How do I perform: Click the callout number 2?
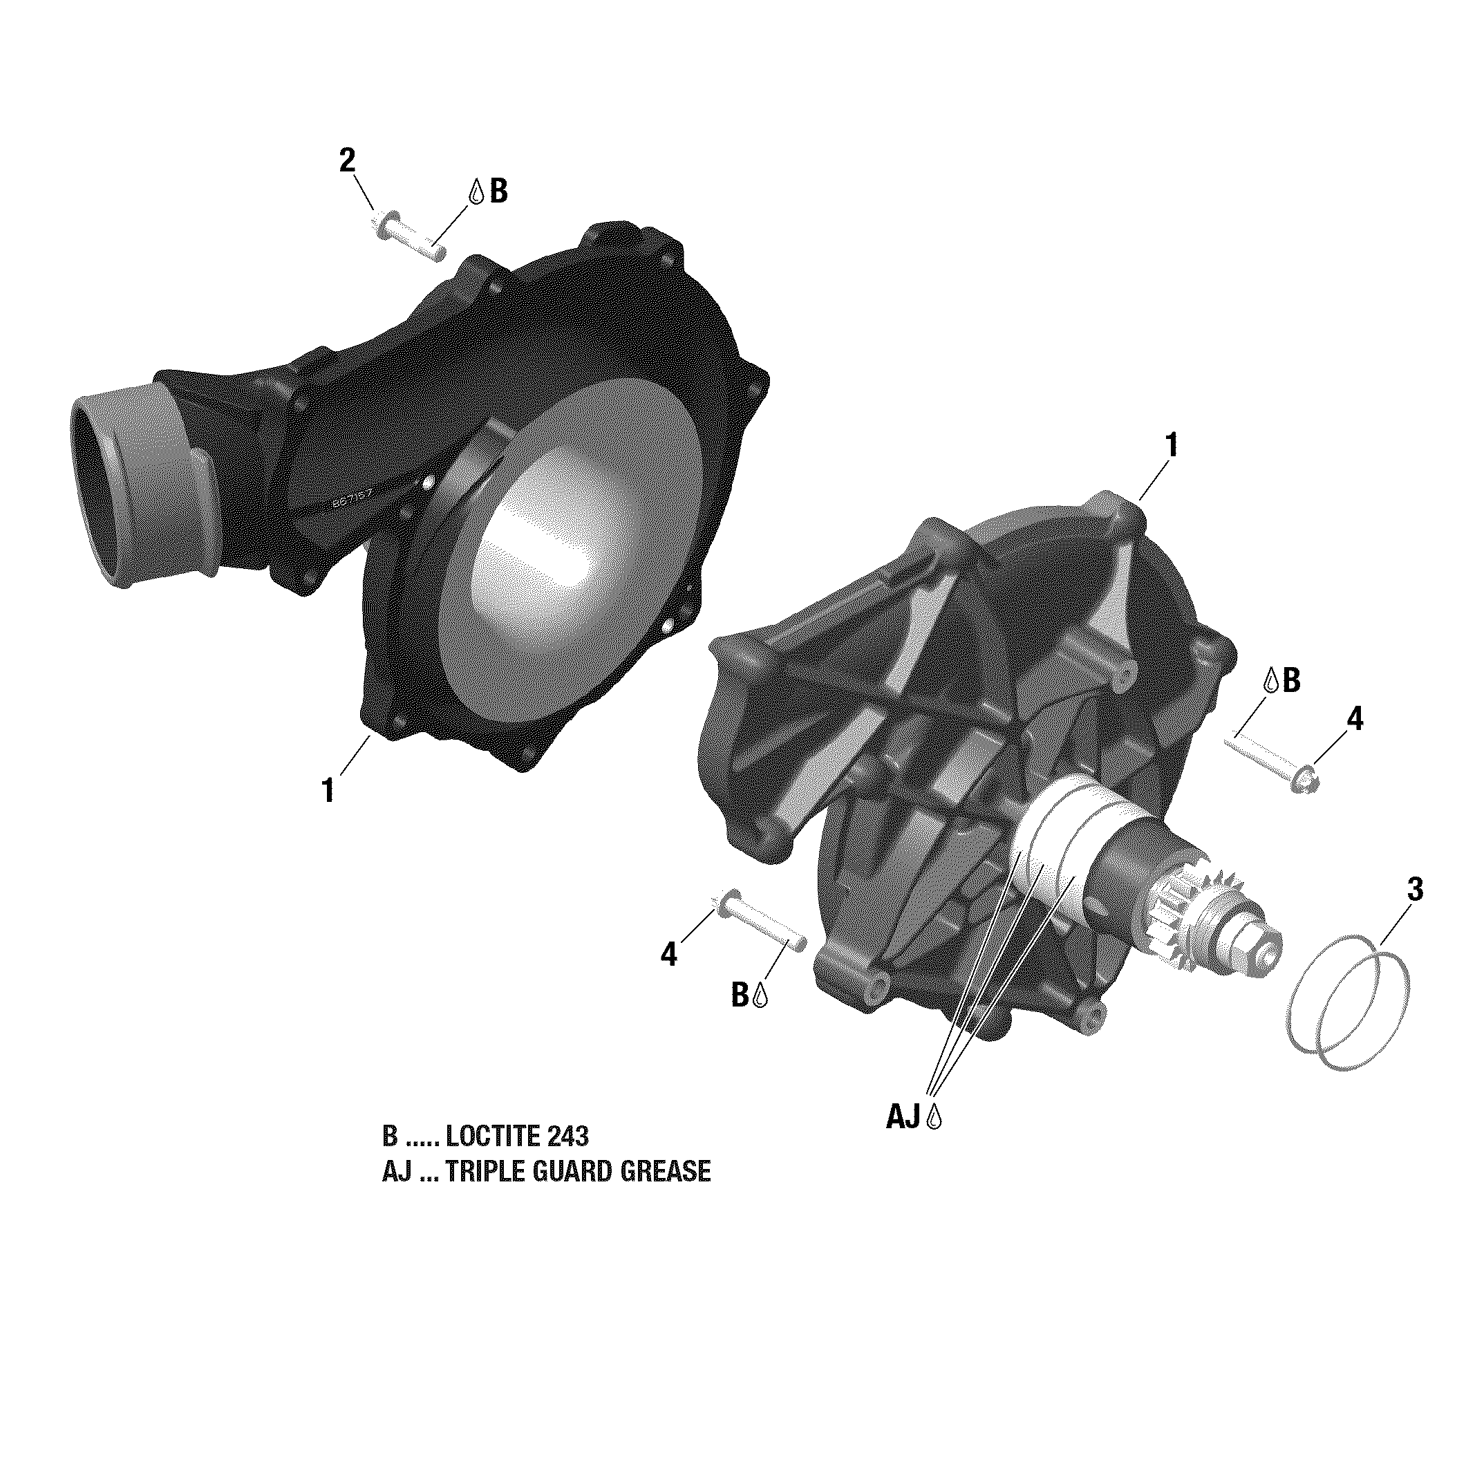click(347, 160)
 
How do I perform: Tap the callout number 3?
click(1414, 890)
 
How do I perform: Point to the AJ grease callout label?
click(904, 1117)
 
